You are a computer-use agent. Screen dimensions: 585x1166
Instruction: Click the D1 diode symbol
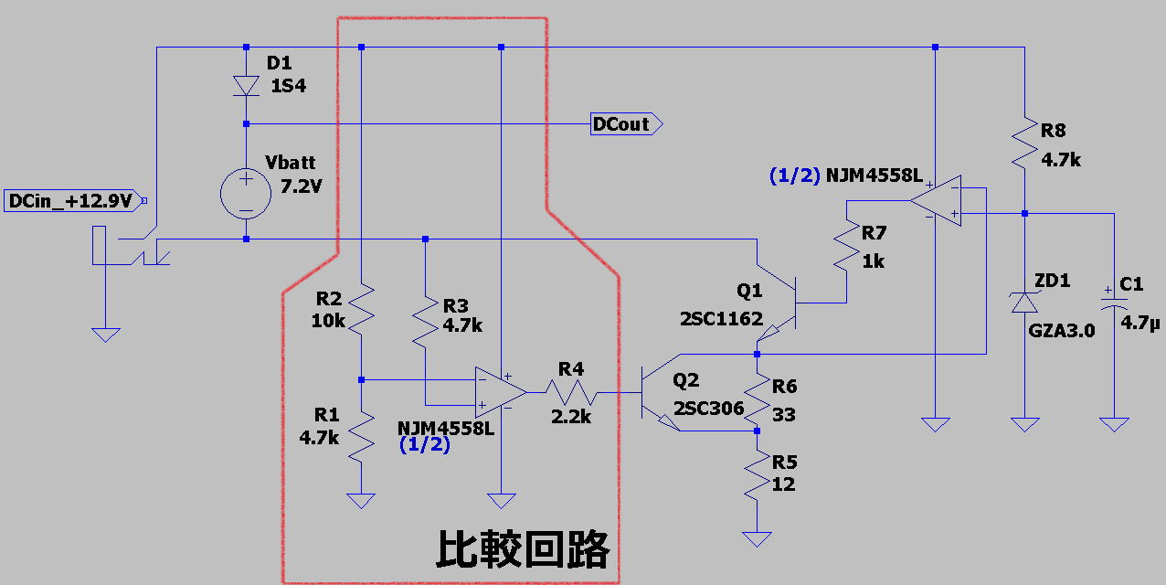(x=246, y=85)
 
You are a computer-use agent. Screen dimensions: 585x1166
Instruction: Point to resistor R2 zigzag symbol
(x=362, y=309)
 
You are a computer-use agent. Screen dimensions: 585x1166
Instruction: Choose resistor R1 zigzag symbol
(x=362, y=437)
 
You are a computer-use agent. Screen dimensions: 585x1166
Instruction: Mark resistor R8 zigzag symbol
(x=1024, y=141)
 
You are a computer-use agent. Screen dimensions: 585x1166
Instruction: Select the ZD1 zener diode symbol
(x=1024, y=303)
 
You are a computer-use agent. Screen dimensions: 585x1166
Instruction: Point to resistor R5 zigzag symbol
(x=758, y=477)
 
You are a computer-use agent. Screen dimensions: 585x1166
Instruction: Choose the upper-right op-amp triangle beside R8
(x=937, y=200)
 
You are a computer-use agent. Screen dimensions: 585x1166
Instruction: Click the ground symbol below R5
(x=758, y=538)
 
